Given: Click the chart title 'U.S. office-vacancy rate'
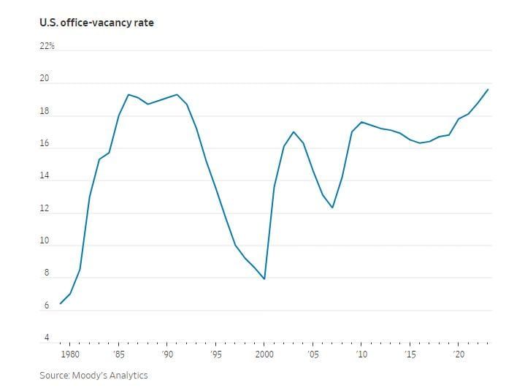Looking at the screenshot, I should [x=96, y=23].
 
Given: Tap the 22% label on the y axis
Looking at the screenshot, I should [x=47, y=46].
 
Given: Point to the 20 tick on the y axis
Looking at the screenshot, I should [x=45, y=79].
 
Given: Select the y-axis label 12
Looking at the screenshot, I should [x=45, y=209].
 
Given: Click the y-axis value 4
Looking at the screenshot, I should [x=47, y=338].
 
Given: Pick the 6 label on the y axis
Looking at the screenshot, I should [x=47, y=305].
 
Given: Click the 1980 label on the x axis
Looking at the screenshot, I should [x=70, y=354].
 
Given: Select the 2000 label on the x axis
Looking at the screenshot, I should [x=264, y=354].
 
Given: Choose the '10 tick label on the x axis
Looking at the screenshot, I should [x=361, y=354].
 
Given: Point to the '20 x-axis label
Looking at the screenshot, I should [x=459, y=354].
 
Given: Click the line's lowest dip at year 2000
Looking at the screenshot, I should [x=264, y=279].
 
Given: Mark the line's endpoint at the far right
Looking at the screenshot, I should [x=488, y=89].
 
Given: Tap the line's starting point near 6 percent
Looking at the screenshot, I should [x=61, y=303].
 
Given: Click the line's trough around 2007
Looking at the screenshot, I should [x=332, y=208].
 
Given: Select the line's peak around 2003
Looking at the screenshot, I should [x=294, y=132].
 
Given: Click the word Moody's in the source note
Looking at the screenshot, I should [x=91, y=375].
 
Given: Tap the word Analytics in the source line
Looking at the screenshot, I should [x=129, y=375].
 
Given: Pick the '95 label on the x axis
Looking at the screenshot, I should [x=215, y=354].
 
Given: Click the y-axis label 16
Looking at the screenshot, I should [x=45, y=144].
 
